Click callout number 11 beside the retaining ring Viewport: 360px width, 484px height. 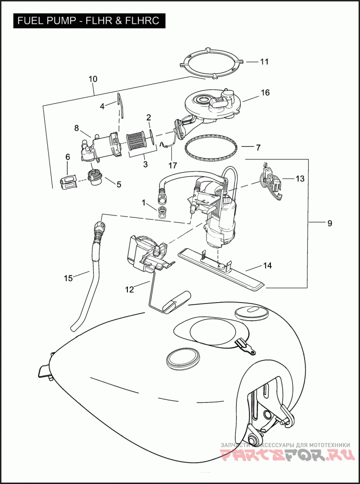click(x=264, y=62)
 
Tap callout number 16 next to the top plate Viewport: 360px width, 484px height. click(x=265, y=93)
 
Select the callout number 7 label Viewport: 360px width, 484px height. click(x=258, y=148)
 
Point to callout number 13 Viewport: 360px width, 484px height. click(x=300, y=179)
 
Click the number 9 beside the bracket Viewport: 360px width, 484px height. click(x=329, y=223)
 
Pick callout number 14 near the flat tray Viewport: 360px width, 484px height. click(x=267, y=266)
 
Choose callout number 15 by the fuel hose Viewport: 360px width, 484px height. click(x=68, y=278)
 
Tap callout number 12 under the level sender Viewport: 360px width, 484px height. click(x=130, y=290)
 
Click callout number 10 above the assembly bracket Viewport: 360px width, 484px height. click(x=93, y=79)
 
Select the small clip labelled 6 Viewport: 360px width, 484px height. click(x=67, y=181)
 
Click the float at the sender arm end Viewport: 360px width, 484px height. click(x=177, y=302)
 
